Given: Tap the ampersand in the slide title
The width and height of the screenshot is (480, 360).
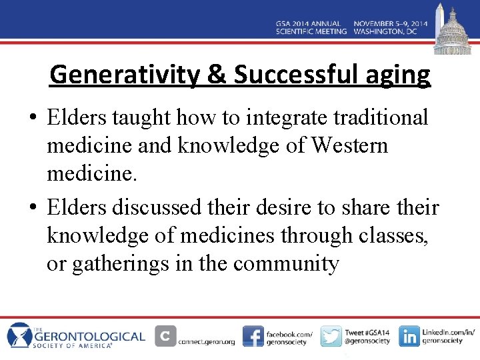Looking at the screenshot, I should [217, 75].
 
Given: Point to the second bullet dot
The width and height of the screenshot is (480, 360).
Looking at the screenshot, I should [33, 209].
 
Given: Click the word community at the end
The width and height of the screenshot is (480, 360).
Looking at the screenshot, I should [286, 263].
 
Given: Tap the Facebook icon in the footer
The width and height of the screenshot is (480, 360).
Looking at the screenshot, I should [253, 336].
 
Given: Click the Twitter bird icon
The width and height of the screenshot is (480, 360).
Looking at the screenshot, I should [331, 336].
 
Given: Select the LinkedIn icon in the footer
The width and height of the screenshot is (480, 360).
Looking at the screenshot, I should [409, 336].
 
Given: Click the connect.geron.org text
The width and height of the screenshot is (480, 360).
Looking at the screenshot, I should [207, 341].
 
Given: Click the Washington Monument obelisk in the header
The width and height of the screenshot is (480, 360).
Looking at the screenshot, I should [438, 20].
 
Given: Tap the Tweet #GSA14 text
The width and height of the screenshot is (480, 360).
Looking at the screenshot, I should [366, 331].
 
